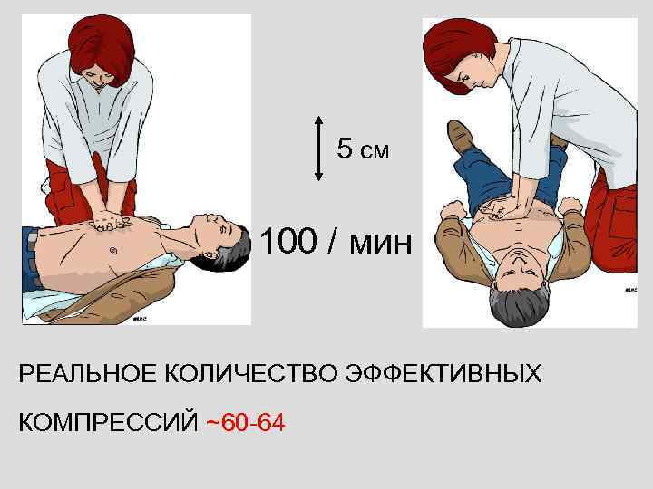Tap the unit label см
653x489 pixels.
374,150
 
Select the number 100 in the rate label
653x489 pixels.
288,242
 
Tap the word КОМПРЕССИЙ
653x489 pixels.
108,420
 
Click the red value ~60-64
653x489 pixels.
245,420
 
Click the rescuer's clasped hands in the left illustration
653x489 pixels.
111,220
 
